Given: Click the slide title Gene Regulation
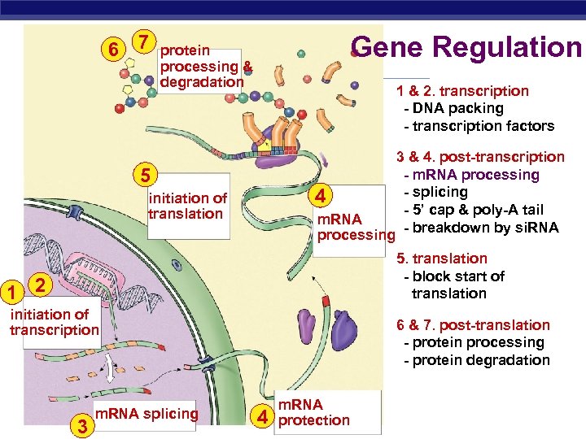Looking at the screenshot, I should click(x=467, y=47).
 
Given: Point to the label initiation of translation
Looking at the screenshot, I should click(x=186, y=206).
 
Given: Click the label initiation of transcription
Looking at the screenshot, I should click(x=54, y=322).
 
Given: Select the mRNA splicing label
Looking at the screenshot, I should click(x=146, y=414).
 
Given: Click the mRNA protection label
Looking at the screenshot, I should click(x=313, y=412).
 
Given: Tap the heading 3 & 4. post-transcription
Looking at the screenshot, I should click(x=480, y=157).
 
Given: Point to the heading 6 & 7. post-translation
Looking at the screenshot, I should click(x=473, y=325).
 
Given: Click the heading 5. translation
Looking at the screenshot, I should click(x=441, y=259).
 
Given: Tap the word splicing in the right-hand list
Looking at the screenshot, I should click(x=439, y=193).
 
